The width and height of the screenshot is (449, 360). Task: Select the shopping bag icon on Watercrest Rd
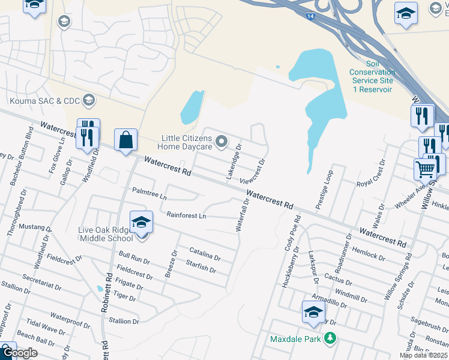pos(125,141)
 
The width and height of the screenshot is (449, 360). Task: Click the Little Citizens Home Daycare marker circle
pos(221,142)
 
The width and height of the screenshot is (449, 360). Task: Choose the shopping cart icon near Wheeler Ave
pos(424,169)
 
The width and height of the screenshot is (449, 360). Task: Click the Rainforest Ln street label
pos(186,215)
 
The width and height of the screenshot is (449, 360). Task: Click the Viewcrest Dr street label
pos(252,172)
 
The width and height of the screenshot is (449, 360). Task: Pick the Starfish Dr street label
pos(200,266)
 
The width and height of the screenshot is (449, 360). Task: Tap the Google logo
pos(19,353)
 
